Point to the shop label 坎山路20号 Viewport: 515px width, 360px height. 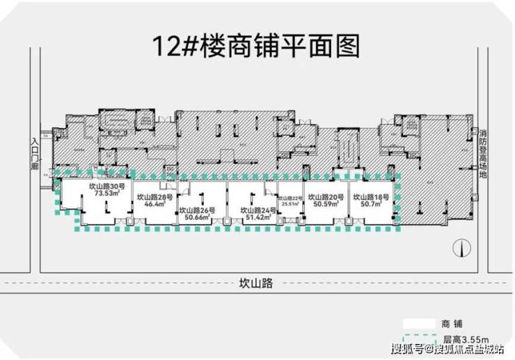coord(325,198)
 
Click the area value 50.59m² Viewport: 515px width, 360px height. coord(325,205)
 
